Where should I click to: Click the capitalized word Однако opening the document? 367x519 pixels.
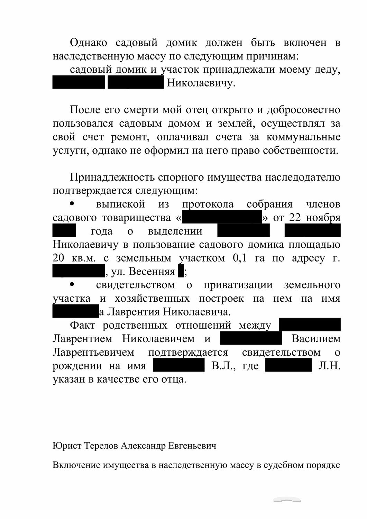tap(88, 43)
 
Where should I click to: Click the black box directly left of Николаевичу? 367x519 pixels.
tap(135, 83)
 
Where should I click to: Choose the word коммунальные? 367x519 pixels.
tap(303, 137)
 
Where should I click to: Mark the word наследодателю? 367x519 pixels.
tap(302, 177)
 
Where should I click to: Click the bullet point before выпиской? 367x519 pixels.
tap(72, 204)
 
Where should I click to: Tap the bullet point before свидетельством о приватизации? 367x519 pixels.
tap(72, 285)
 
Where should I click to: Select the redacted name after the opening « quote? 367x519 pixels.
tap(222, 218)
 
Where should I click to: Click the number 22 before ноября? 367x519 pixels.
tap(295, 218)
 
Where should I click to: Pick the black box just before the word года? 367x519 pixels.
tap(64, 231)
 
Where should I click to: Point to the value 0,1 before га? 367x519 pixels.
tap(240, 258)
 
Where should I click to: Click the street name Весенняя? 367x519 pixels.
tap(152, 272)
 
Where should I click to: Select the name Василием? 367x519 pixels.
tap(316, 338)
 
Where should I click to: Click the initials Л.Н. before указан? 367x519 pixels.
tap(329, 366)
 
